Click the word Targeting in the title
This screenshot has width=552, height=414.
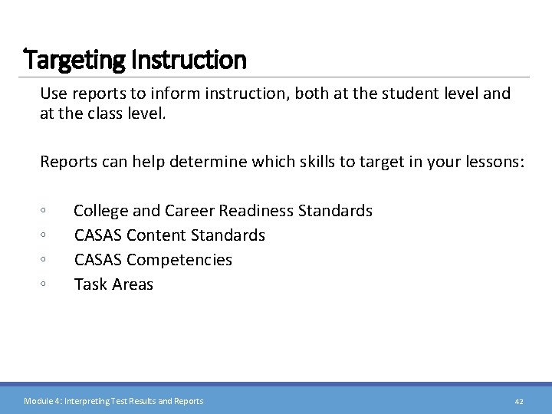pos(75,59)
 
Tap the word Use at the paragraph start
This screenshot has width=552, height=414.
pos(54,94)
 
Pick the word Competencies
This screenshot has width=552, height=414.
pos(179,260)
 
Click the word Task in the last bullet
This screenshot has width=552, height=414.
pos(90,284)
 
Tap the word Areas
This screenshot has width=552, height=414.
pos(133,284)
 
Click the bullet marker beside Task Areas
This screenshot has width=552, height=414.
pos(44,284)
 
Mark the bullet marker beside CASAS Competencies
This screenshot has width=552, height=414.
pos(44,260)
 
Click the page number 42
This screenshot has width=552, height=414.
pos(518,401)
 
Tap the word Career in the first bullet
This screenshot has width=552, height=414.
pos(191,211)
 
